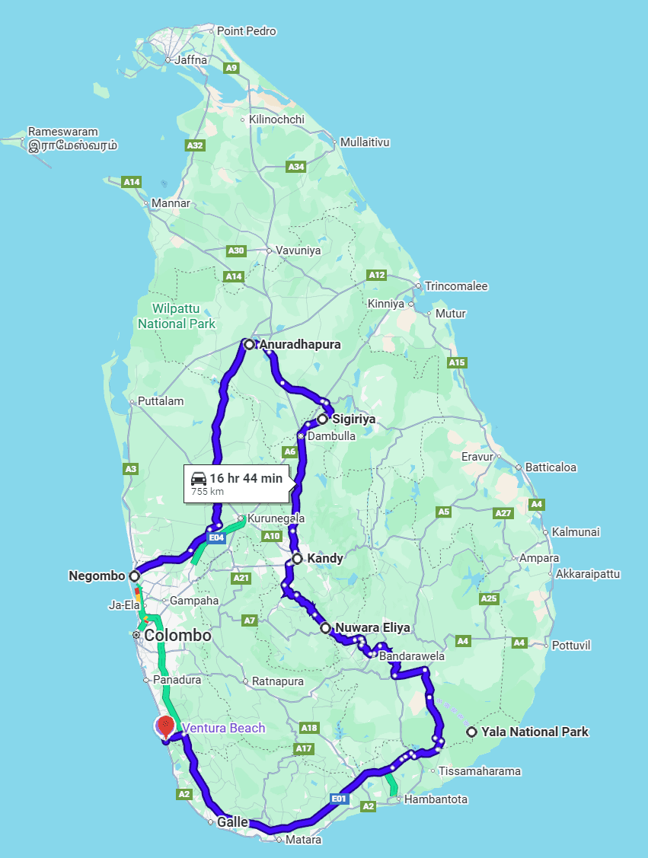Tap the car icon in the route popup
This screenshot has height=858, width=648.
[199, 478]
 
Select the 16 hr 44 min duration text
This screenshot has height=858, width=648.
[246, 478]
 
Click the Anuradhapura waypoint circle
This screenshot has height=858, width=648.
[249, 345]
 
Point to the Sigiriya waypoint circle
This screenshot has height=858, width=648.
[323, 419]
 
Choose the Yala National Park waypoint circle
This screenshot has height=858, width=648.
[472, 732]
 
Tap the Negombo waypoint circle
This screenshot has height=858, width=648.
[135, 576]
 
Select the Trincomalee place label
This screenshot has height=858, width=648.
[456, 286]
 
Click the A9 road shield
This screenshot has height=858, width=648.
[232, 69]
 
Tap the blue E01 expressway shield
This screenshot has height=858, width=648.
[340, 799]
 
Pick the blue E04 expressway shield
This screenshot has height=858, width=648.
[217, 538]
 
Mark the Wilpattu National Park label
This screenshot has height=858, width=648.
[177, 316]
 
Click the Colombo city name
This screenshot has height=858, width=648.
[177, 635]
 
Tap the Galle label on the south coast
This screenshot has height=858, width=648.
[232, 822]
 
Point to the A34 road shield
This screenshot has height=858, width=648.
[296, 167]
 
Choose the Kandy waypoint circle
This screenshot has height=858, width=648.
[297, 559]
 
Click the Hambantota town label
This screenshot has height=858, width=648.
[436, 799]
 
